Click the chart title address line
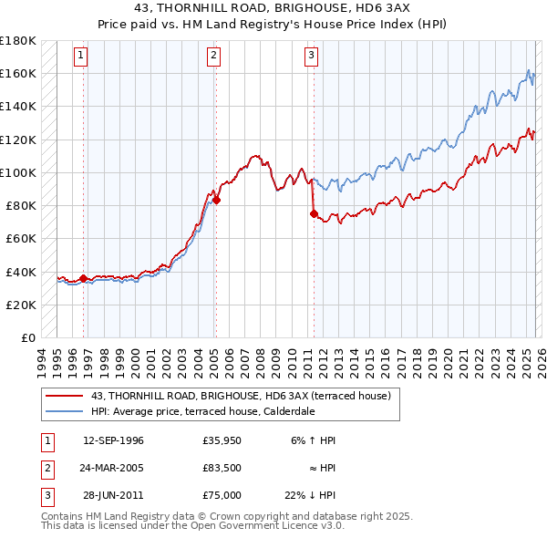[273, 8]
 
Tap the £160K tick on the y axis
[17, 73]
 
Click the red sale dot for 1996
[84, 278]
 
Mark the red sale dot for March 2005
[216, 200]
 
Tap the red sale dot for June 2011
[314, 214]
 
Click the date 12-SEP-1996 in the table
[113, 440]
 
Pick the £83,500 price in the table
[222, 468]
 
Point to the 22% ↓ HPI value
[309, 495]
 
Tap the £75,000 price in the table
[222, 495]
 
